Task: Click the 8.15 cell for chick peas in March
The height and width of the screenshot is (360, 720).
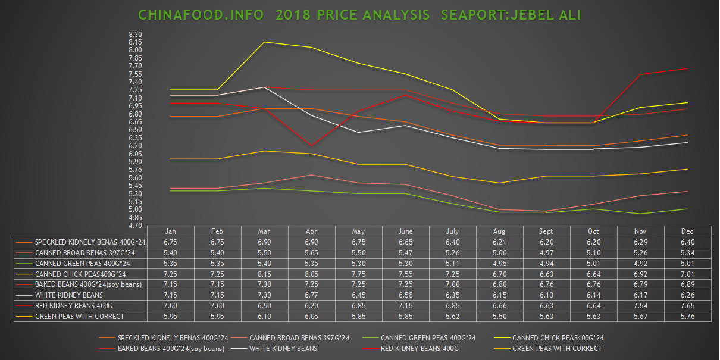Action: (x=264, y=274)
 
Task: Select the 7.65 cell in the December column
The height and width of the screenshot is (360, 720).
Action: (x=687, y=305)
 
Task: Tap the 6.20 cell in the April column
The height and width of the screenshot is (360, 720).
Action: (x=311, y=305)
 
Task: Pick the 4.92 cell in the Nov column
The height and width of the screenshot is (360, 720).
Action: (x=640, y=263)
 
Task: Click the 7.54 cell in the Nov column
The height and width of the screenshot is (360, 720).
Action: (x=640, y=305)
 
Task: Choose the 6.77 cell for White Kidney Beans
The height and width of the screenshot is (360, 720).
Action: (x=311, y=295)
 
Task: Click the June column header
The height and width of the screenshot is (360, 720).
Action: (x=405, y=231)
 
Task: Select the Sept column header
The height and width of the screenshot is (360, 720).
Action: (x=546, y=231)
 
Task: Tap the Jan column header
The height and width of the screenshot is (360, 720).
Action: (x=170, y=231)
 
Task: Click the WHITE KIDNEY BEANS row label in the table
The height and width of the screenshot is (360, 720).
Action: (x=69, y=295)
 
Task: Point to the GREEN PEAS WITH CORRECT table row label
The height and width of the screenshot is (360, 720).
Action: (x=79, y=316)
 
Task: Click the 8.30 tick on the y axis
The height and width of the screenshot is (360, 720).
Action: (x=135, y=34)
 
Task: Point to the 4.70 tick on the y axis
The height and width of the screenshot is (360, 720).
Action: (x=135, y=226)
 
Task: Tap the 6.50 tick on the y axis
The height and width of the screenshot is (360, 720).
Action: (x=135, y=130)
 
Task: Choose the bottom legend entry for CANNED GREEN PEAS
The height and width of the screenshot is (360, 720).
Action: (x=428, y=337)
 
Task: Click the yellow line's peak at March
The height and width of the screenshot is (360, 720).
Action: (x=264, y=42)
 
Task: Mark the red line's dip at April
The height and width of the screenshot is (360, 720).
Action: (x=311, y=146)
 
